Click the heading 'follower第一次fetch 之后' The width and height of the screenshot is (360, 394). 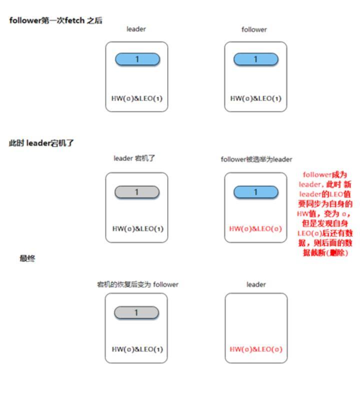pos(55,20)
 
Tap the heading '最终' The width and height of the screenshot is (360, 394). pos(27,258)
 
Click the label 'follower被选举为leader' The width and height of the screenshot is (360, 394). pos(256,159)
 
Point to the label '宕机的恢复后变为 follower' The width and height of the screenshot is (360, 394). pos(137,284)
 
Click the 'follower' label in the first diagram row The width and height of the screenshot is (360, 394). pos(254,29)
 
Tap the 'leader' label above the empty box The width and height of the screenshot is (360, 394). pos(256,284)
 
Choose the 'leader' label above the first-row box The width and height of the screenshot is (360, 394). pos(136,29)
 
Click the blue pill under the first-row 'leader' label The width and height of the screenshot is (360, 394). pos(137,59)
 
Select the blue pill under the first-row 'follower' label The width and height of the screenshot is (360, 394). pos(255,59)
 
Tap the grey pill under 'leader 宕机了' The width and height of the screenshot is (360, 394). pos(137,192)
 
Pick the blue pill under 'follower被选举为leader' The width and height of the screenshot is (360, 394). pos(255,192)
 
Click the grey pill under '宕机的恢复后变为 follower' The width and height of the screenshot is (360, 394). pos(136,313)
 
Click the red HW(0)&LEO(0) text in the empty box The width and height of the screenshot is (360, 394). pos(256,349)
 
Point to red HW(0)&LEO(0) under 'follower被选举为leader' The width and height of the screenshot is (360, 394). pos(255,228)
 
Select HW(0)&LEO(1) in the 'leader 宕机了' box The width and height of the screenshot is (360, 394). pos(137,228)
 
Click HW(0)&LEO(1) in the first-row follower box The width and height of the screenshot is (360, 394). pos(255,98)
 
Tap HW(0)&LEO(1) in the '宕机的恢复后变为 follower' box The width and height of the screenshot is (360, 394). pos(137,349)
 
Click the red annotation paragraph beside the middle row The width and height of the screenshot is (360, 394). pos(325,214)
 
